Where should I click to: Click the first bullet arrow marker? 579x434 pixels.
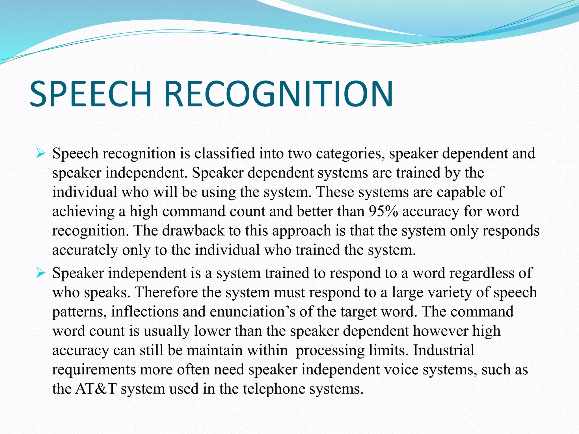coord(41,154)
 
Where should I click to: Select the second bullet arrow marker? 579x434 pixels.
coord(41,273)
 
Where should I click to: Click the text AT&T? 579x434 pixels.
coord(96,389)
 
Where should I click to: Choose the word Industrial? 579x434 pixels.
coord(444,350)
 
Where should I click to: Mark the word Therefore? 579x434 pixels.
coord(166,292)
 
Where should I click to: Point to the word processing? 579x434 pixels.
coord(330,351)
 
